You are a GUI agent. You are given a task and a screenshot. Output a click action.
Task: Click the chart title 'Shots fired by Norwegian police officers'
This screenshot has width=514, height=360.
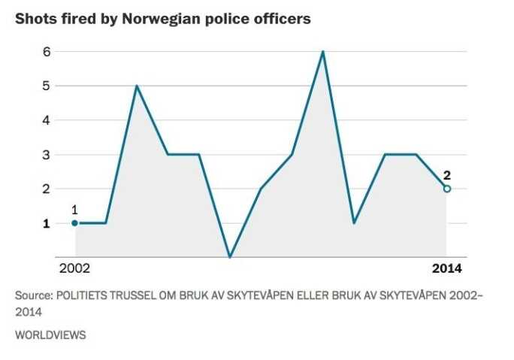pyautogui.click(x=163, y=20)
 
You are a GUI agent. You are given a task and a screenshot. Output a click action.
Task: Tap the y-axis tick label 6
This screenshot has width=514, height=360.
pyautogui.click(x=26, y=52)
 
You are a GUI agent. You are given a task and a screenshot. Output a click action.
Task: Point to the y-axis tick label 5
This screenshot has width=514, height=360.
pyautogui.click(x=26, y=86)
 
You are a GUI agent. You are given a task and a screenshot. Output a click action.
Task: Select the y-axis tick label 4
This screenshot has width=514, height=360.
pyautogui.click(x=26, y=120)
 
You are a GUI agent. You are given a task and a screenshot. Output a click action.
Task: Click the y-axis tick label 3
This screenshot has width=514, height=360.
pyautogui.click(x=26, y=155)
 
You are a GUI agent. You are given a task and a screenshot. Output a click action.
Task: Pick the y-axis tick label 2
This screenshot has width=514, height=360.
pyautogui.click(x=26, y=189)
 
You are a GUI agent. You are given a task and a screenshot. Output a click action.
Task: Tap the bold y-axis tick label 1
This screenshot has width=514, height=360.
pyautogui.click(x=26, y=223)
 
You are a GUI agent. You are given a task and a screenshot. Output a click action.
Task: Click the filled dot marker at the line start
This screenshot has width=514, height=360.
pyautogui.click(x=74, y=223)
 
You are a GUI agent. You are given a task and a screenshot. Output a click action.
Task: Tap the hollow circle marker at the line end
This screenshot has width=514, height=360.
pyautogui.click(x=447, y=189)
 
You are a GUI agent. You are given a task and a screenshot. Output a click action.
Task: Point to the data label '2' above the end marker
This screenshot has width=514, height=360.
pyautogui.click(x=447, y=175)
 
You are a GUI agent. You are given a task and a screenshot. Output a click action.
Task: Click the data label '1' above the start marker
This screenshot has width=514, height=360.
pyautogui.click(x=74, y=210)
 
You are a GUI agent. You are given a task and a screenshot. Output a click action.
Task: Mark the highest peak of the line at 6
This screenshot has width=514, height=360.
pyautogui.click(x=323, y=52)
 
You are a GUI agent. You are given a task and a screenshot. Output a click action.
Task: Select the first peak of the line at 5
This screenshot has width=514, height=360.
pyautogui.click(x=137, y=86)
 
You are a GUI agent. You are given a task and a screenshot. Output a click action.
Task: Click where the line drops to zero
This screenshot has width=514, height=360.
pyautogui.click(x=230, y=257)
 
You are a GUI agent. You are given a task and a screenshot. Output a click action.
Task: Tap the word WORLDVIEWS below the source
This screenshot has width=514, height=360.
pyautogui.click(x=50, y=335)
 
